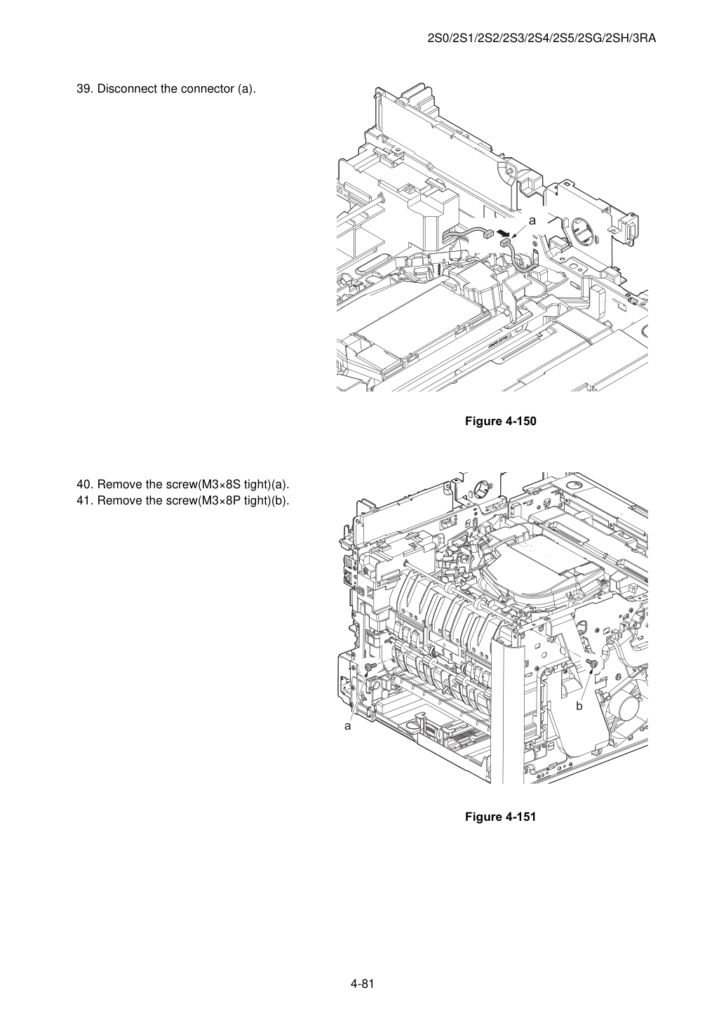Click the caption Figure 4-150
(x=500, y=421)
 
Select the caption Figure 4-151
(x=500, y=817)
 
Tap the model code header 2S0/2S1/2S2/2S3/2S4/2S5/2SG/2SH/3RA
(x=542, y=39)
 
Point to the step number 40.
(x=85, y=484)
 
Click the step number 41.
(x=85, y=501)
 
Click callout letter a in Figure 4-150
(x=532, y=220)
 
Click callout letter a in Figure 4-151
(x=348, y=726)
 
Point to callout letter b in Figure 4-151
(x=579, y=706)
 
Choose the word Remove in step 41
(x=116, y=501)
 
